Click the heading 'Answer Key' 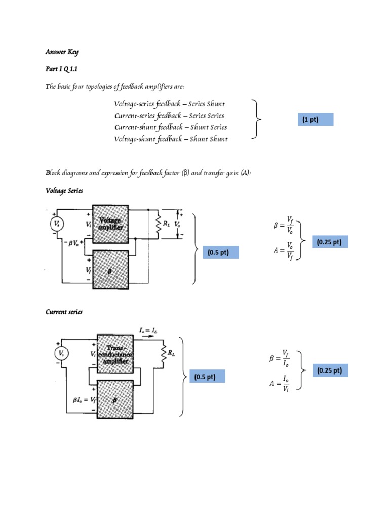62,52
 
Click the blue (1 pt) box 310,120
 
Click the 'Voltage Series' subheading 64,191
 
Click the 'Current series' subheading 64,312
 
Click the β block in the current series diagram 115,399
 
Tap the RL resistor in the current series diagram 164,352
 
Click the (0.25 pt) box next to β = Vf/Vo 329,242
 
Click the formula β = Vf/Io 280,359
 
